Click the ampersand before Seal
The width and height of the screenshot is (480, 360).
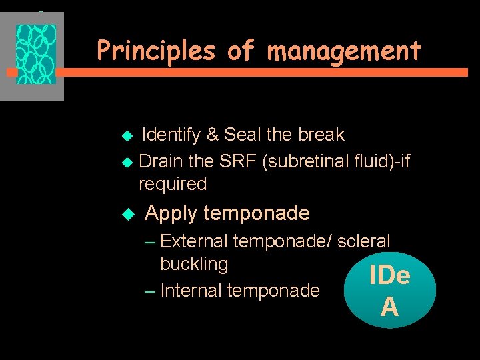tap(213, 135)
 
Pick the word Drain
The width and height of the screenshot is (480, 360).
tap(161, 161)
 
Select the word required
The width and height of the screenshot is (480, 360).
tap(173, 184)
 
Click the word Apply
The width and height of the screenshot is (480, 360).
tap(171, 213)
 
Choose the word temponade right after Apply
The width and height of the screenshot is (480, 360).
tap(257, 213)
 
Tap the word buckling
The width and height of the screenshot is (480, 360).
tap(194, 264)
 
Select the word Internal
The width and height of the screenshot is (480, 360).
tap(192, 291)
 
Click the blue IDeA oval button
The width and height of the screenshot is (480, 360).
tap(389, 291)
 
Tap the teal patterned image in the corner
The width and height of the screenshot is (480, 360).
tap(36, 55)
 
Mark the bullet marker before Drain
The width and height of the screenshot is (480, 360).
tap(129, 162)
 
